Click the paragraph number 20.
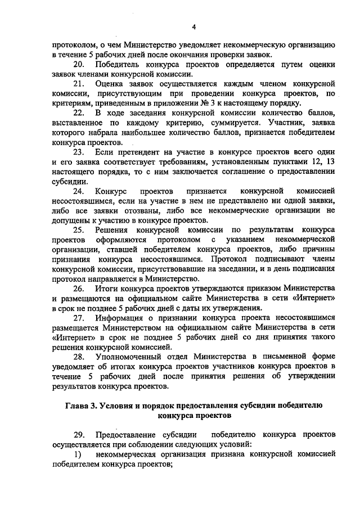coord(79,65)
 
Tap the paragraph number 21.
coord(79,84)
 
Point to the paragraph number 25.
coord(79,230)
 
